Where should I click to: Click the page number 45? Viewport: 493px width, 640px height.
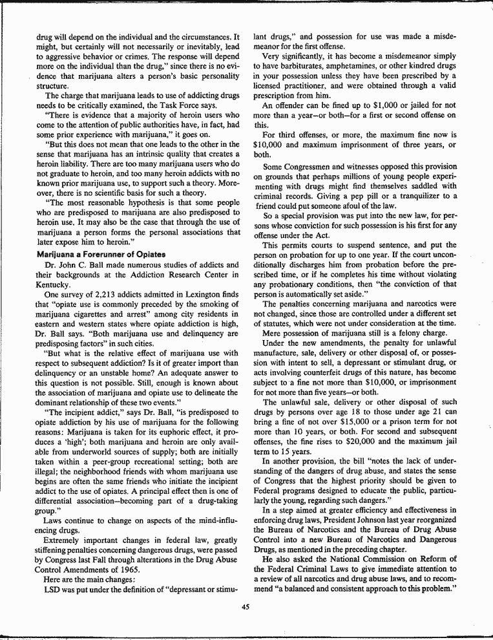[246, 606]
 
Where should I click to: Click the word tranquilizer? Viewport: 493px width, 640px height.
[425, 196]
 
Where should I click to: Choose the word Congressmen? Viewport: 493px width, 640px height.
[309, 166]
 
